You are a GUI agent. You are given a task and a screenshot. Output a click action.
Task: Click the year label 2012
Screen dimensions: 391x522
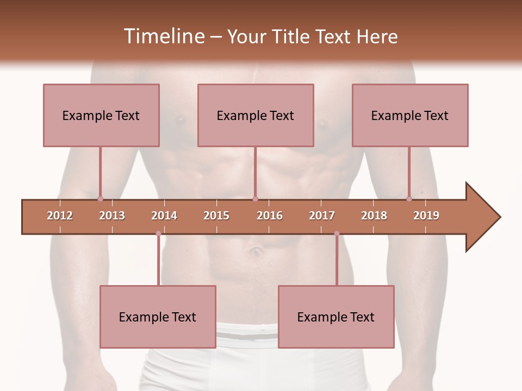coord(60,216)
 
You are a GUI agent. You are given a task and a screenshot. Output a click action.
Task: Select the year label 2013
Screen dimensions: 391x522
coord(112,216)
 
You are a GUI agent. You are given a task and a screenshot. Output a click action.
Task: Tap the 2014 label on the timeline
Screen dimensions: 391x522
coord(164,216)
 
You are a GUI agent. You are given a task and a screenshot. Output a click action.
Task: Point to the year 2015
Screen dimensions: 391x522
coord(216,216)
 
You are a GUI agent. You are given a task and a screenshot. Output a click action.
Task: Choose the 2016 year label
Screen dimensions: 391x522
coord(270,216)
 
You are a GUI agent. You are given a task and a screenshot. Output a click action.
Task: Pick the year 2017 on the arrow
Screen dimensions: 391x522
coord(322,216)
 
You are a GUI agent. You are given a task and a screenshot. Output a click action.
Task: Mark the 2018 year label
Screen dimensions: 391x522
coord(374,216)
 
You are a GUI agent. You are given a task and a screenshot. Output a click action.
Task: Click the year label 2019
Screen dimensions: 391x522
coord(426,216)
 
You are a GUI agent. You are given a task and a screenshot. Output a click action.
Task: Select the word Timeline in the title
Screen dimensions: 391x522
coord(163,36)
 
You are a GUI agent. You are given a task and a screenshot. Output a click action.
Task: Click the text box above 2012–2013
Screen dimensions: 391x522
coord(101,115)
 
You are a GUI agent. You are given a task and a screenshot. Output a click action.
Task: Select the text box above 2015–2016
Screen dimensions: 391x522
coord(256,115)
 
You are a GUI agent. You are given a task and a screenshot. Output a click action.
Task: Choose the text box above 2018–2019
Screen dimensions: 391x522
coord(410,115)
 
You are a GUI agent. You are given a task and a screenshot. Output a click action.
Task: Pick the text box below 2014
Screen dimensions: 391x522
coord(158,317)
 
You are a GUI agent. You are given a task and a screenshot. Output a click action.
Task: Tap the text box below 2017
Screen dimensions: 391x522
coord(336,317)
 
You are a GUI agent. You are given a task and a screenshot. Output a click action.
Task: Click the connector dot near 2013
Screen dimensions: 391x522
coord(100,199)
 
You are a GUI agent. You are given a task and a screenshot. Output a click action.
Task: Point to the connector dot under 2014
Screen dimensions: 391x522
coord(158,234)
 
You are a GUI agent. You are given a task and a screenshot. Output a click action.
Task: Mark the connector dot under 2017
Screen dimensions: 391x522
coord(337,234)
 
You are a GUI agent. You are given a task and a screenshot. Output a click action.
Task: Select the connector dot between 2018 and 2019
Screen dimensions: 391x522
coord(409,199)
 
